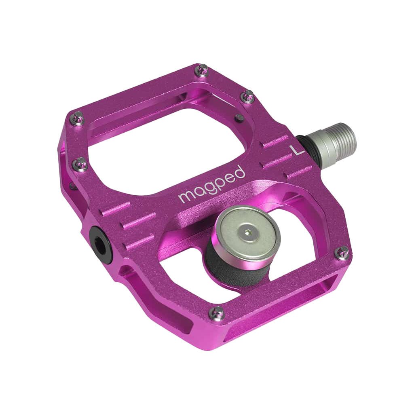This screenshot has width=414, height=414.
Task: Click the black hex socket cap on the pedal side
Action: click(99, 241)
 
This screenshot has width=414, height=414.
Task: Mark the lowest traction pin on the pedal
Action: click(218, 312)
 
